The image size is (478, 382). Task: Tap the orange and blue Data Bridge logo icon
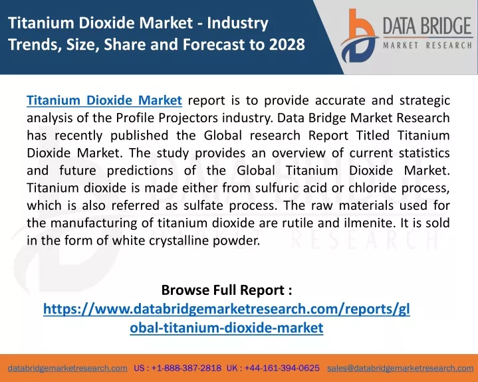[x=359, y=36]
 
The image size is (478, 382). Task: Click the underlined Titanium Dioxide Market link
[x=104, y=100]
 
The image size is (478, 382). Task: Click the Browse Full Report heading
[x=227, y=290]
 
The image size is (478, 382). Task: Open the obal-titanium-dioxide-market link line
[x=227, y=328]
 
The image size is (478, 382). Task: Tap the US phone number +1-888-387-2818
[x=186, y=368]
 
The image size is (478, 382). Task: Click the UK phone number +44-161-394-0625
[x=282, y=368]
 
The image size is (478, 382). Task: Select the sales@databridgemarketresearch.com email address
[x=400, y=368]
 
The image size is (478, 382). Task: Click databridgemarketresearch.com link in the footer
[x=68, y=368]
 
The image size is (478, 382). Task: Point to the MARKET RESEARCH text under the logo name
[x=427, y=46]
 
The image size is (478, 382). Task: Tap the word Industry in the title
[x=238, y=23]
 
